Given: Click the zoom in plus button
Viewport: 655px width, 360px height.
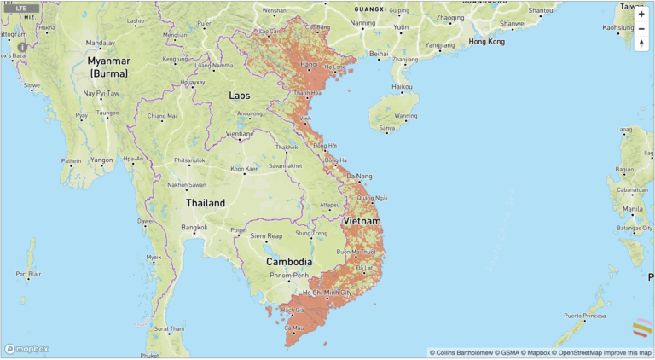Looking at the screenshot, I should pyautogui.click(x=641, y=14).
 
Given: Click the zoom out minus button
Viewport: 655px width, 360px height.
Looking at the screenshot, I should pyautogui.click(x=641, y=29).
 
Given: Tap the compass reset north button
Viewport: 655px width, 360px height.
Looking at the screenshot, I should pyautogui.click(x=641, y=44).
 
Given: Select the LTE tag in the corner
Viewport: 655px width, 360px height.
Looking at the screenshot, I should pyautogui.click(x=21, y=8).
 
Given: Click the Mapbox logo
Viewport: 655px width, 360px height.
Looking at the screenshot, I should pyautogui.click(x=26, y=348).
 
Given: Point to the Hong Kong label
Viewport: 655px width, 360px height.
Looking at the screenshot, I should pyautogui.click(x=486, y=41).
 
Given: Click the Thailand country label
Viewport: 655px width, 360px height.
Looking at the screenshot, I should pyautogui.click(x=206, y=203).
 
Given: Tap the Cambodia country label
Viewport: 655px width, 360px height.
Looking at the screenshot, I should pyautogui.click(x=288, y=261).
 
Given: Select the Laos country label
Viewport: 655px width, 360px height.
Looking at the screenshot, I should pyautogui.click(x=240, y=96).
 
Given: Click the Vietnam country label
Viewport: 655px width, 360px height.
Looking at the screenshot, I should pyautogui.click(x=362, y=221).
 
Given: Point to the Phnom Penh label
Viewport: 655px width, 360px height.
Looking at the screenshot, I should pyautogui.click(x=288, y=276).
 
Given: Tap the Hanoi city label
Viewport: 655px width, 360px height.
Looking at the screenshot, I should pyautogui.click(x=309, y=65).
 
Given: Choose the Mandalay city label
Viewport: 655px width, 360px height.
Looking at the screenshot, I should pyautogui.click(x=100, y=44).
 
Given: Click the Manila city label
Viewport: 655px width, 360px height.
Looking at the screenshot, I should pyautogui.click(x=633, y=208).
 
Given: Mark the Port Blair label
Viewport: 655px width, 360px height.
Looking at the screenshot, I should pyautogui.click(x=28, y=274).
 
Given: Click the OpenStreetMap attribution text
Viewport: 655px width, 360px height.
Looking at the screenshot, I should pyautogui.click(x=579, y=352).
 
